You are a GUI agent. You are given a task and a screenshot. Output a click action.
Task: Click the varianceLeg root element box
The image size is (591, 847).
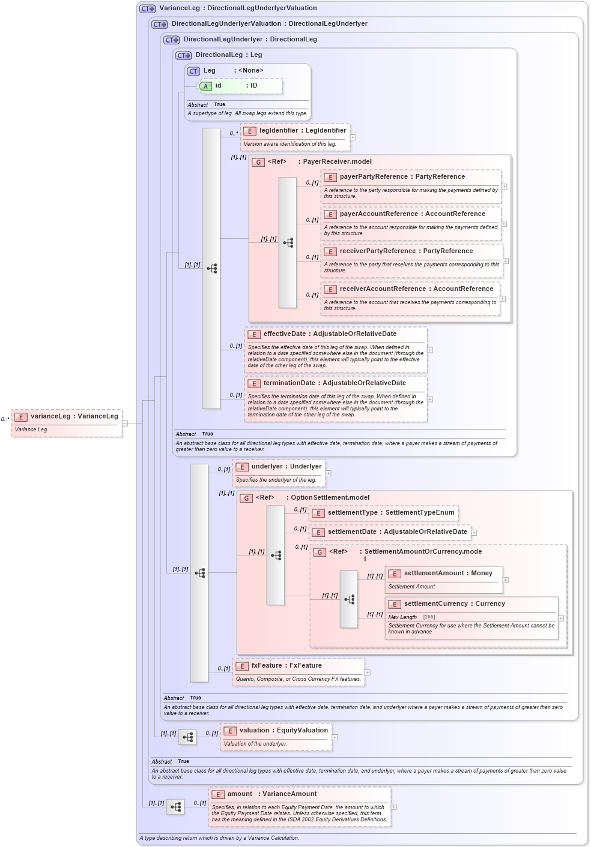pos(67,417)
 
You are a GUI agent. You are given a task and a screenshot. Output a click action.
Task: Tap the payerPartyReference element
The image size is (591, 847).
pos(402,177)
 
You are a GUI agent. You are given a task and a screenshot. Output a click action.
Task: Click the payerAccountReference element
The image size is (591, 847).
pos(412,214)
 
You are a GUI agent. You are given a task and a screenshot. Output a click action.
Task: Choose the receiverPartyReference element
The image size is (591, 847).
pos(406,251)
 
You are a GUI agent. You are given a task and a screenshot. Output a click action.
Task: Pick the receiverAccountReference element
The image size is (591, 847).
pos(416,289)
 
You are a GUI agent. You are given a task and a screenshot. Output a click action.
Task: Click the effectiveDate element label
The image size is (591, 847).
pos(330,334)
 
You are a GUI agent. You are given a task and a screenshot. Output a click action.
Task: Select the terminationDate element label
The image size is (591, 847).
pos(335,383)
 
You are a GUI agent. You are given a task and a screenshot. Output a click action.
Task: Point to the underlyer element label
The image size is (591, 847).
pos(286,467)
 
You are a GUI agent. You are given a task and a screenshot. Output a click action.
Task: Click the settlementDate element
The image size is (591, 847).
pos(397,532)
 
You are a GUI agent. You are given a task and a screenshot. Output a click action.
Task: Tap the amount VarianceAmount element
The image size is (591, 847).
pos(272,794)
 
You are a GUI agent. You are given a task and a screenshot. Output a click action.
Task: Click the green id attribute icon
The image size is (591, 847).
pos(205,86)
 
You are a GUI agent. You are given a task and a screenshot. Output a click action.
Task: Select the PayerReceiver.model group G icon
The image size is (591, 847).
pos(258,163)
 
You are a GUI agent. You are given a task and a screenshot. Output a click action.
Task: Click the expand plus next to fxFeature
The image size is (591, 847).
pos(368,672)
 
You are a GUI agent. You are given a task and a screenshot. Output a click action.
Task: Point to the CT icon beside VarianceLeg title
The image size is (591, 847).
pos(147,9)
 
